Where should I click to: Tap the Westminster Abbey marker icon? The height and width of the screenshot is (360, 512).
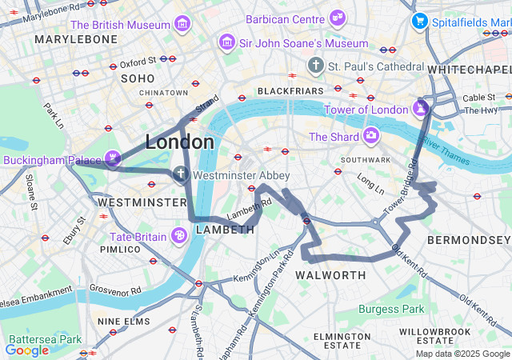point(182,174)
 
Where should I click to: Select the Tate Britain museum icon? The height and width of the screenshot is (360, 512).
point(179,235)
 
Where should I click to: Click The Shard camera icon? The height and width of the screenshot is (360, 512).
point(371,136)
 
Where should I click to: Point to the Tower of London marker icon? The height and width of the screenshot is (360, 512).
point(421,106)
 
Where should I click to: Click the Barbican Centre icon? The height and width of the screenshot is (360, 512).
point(338,17)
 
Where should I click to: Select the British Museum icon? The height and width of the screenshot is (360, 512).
point(183,24)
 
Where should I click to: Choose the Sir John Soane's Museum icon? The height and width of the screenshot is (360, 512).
point(227,41)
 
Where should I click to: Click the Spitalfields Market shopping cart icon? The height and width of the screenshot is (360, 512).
point(418,21)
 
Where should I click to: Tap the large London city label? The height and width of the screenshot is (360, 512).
point(179,142)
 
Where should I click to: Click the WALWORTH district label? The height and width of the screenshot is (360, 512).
point(330,275)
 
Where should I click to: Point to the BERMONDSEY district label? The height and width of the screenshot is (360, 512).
point(467,240)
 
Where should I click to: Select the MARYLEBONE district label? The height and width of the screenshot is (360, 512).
point(76,39)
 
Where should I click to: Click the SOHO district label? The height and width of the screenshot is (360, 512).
point(137,78)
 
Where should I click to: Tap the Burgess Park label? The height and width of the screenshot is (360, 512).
point(390,309)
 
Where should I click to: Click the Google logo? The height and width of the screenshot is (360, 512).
point(26,350)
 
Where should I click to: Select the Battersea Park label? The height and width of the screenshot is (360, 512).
point(45,339)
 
